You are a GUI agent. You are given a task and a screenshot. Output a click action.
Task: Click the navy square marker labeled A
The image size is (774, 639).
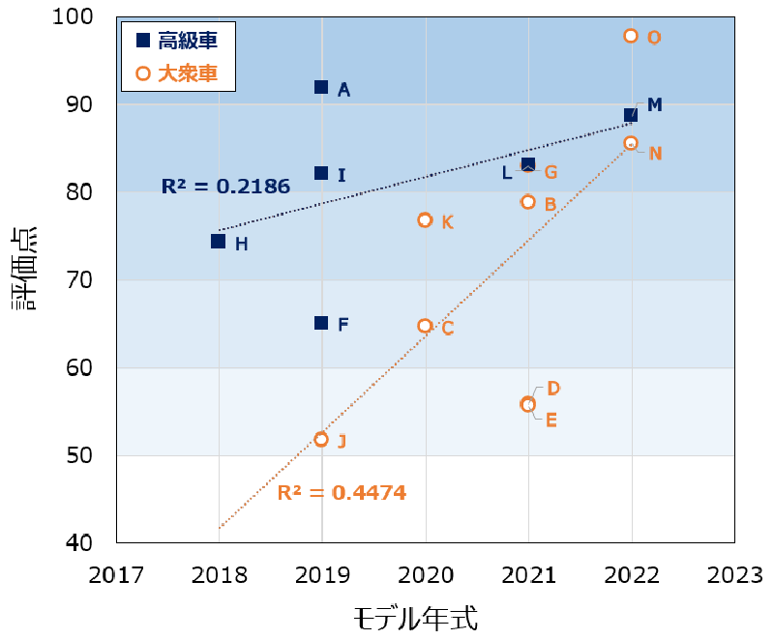click(x=321, y=87)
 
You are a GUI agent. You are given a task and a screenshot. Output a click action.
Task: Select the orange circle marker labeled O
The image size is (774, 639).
click(x=631, y=36)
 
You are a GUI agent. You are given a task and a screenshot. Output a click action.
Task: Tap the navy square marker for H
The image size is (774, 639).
click(x=219, y=242)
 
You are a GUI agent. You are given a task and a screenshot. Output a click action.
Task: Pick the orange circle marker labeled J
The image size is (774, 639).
click(x=321, y=439)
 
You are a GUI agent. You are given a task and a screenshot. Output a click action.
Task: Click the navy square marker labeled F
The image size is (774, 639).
click(x=321, y=323)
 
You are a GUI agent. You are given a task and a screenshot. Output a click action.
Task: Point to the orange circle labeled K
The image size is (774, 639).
click(x=425, y=220)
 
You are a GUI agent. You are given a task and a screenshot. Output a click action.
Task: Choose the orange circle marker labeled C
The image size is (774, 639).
click(x=425, y=326)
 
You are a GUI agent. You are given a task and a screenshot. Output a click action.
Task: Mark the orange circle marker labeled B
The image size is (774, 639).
click(x=528, y=202)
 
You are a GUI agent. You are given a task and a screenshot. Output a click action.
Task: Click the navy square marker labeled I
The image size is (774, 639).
click(x=321, y=173)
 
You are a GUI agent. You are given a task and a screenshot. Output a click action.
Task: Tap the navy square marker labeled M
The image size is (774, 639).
click(x=631, y=115)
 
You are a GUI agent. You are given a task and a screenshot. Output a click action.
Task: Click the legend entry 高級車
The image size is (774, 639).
click(x=178, y=41)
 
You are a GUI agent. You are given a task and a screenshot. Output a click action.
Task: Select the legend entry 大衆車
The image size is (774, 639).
click(x=178, y=73)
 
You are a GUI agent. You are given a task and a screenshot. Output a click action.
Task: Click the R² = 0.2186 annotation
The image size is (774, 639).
click(x=225, y=187)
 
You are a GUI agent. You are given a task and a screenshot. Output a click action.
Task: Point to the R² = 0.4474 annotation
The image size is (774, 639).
click(x=342, y=492)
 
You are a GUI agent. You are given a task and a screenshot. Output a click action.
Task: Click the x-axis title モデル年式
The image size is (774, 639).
click(x=415, y=617)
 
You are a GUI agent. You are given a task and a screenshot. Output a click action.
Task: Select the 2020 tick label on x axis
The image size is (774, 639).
click(x=425, y=576)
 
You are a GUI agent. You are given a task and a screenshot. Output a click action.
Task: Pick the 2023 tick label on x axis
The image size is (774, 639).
click(x=734, y=576)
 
